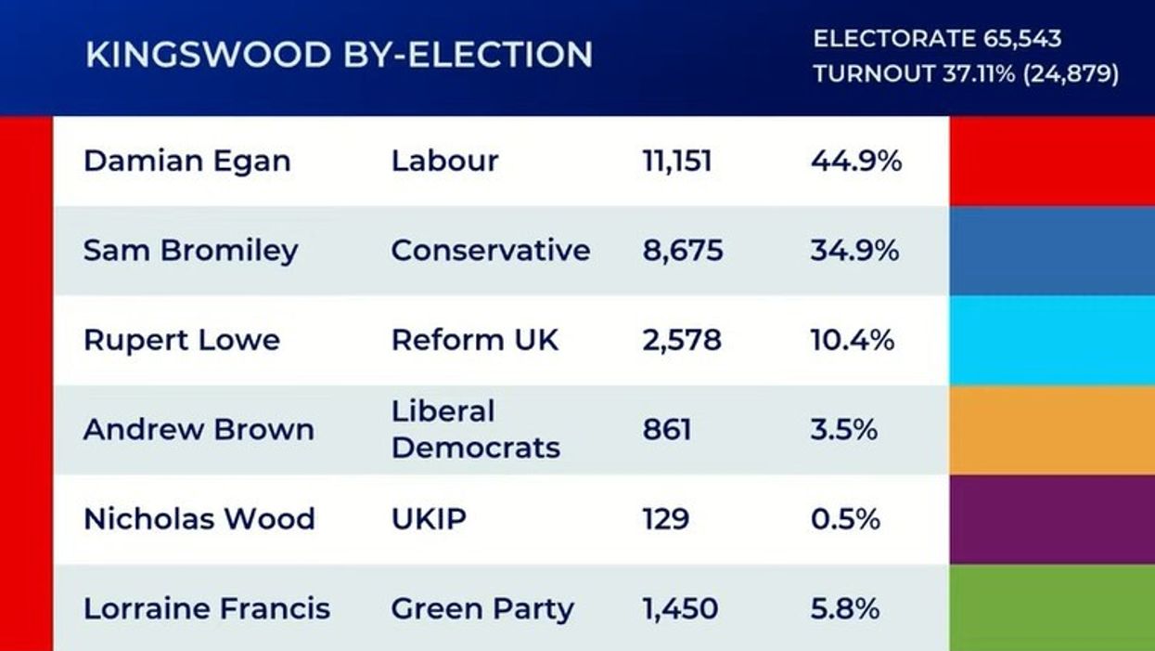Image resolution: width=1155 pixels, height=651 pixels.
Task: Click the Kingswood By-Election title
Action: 339,55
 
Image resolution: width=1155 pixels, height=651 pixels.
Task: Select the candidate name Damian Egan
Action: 186,162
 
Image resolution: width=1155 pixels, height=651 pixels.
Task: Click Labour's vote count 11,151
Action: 676,162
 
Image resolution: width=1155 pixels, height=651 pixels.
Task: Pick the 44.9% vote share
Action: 855,162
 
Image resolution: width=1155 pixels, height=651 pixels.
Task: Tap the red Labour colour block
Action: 1052,162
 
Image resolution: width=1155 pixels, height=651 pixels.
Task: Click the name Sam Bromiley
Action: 190,251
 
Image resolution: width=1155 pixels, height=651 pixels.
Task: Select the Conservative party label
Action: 490,251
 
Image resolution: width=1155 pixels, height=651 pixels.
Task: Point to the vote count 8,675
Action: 682,251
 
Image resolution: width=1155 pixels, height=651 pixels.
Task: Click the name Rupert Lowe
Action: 181,340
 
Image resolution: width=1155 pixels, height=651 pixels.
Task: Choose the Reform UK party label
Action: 475,340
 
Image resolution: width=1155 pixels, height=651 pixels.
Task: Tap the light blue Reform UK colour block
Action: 1052,340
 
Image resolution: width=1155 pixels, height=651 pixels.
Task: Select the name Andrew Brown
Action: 199,429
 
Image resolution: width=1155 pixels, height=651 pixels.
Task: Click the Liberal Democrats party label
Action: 475,429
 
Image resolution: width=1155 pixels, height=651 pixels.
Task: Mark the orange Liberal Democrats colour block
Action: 1052,429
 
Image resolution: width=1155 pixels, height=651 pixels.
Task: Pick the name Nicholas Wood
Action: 199,518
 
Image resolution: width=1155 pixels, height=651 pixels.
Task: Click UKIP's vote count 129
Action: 665,518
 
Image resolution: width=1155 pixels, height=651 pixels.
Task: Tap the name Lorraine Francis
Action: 206,608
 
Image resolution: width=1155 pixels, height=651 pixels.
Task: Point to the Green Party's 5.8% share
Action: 844,608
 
